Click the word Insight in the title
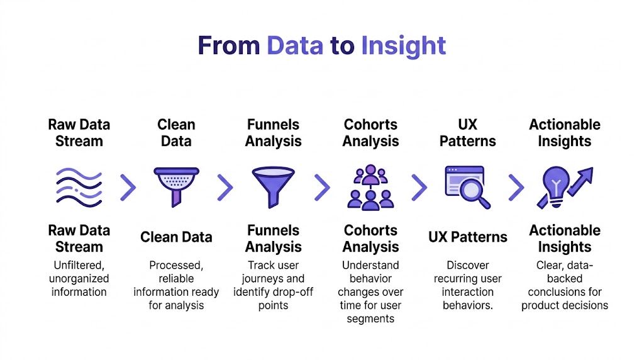[403, 46]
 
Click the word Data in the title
[295, 46]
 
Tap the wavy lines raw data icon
[79, 187]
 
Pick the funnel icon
[273, 186]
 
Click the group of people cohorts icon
[370, 187]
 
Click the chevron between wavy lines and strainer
[128, 187]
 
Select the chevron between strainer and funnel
[225, 187]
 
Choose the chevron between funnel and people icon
[322, 187]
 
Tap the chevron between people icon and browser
[419, 187]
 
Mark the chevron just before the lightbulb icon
[516, 187]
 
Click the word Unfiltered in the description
[79, 266]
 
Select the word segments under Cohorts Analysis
[370, 318]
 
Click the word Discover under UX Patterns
[467, 266]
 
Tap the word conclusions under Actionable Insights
[565, 292]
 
